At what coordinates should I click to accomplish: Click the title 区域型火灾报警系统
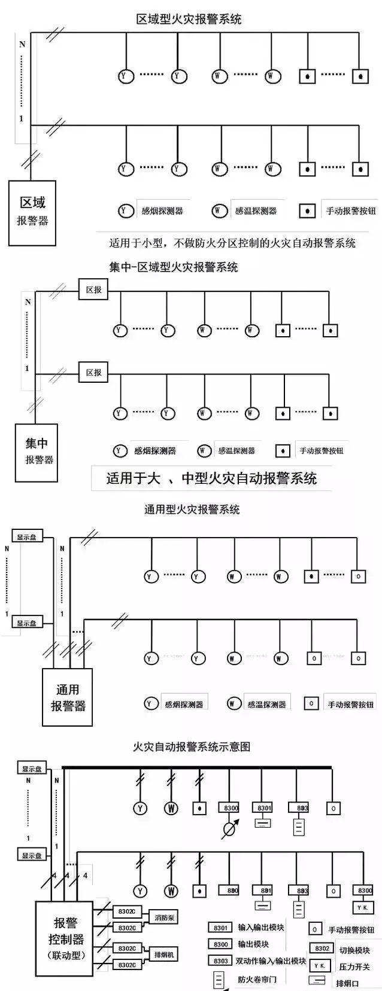(x=189, y=19)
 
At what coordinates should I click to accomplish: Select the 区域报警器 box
(x=32, y=212)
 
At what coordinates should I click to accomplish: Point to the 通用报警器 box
(x=67, y=697)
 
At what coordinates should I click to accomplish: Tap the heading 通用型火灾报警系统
(x=192, y=510)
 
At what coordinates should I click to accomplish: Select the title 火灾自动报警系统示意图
(x=191, y=747)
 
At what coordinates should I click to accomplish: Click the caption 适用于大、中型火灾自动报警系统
(x=211, y=478)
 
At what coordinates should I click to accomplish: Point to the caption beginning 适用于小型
(x=232, y=243)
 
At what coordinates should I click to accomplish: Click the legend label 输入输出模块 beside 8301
(x=260, y=928)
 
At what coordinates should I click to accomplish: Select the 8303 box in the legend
(x=220, y=961)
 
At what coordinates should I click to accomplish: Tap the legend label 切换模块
(x=354, y=950)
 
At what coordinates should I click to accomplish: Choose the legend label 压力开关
(x=354, y=966)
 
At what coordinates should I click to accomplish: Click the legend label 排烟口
(x=347, y=983)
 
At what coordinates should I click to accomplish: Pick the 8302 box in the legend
(x=322, y=949)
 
